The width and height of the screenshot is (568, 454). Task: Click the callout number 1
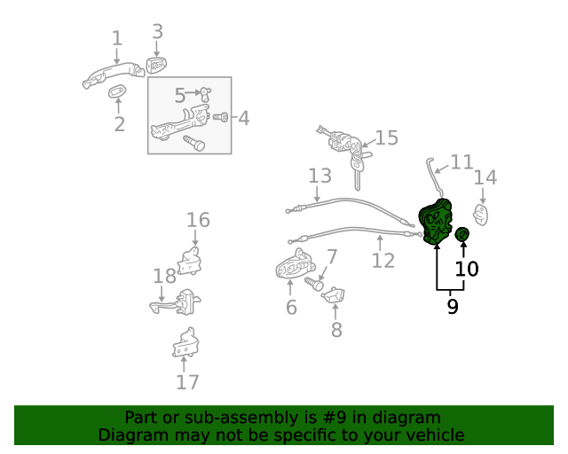pos(116,38)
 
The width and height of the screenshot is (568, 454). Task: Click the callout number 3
pos(157,32)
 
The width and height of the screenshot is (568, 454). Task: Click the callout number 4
pos(242,117)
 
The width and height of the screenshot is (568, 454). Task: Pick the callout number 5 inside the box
pos(179,95)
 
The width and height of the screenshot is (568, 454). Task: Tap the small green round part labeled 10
pos(461,234)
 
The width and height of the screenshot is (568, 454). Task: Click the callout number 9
pos(452,307)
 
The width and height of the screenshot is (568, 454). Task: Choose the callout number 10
pos(466,268)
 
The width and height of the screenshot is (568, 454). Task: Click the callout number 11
pos(461,162)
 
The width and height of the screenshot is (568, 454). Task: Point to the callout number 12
pos(383,261)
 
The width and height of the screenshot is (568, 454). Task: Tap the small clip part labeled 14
pos(482,214)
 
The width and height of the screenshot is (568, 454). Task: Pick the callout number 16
pos(198,219)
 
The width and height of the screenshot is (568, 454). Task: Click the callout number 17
pos(187,382)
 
